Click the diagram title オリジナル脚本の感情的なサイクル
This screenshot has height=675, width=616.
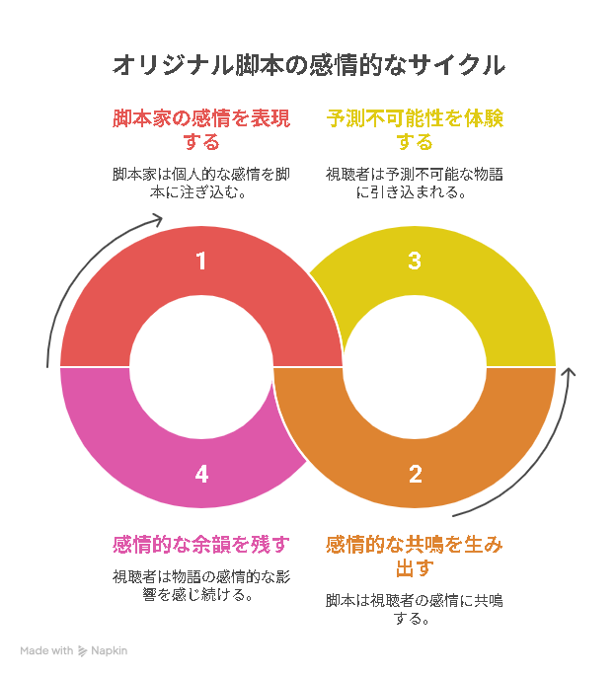[x=308, y=65]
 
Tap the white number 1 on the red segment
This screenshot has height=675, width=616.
[x=201, y=261]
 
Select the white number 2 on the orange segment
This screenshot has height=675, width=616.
[x=415, y=474]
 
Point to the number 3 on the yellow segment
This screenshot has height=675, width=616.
[x=415, y=261]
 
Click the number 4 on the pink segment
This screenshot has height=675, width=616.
[x=201, y=474]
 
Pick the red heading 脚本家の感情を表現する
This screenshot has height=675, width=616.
[x=201, y=129]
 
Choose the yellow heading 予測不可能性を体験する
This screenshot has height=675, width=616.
[x=415, y=129]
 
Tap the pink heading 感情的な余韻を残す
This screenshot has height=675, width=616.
[x=201, y=544]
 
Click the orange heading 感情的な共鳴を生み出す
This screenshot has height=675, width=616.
[x=415, y=556]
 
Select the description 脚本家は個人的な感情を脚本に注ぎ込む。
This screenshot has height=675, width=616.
[x=201, y=183]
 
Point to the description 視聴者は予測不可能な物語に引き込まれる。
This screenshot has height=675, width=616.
[x=415, y=183]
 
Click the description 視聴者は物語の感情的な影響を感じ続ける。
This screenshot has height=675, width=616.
[x=201, y=585]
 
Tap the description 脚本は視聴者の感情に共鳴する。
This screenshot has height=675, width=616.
[x=415, y=609]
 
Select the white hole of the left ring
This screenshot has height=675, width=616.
[x=201, y=367]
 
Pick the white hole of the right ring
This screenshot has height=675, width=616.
[x=415, y=367]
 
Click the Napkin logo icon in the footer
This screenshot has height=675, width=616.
[x=82, y=651]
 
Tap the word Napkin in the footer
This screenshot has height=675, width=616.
[x=109, y=651]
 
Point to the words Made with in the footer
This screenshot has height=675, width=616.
[x=46, y=650]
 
